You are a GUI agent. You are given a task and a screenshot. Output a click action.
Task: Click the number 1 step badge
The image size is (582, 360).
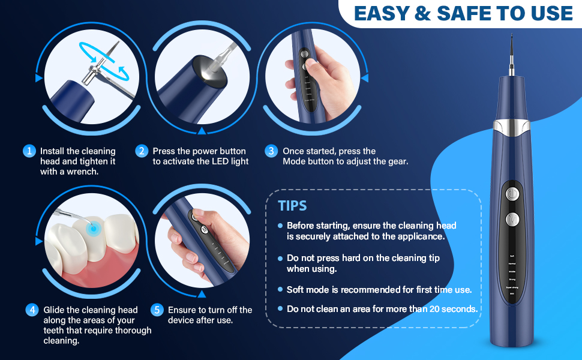29,151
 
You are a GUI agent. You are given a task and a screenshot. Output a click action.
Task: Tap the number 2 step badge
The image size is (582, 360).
142,151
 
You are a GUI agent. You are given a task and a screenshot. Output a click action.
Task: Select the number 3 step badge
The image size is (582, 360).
271,151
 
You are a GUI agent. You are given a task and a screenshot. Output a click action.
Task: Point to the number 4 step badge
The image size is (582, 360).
32,310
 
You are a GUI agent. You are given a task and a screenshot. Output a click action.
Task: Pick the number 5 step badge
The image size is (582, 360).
157,310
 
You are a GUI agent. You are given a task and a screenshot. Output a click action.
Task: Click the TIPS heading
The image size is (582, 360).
292,206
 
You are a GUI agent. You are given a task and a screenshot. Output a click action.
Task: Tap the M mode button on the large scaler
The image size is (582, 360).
511,220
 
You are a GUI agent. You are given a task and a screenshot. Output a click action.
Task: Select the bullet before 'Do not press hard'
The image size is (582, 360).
280,258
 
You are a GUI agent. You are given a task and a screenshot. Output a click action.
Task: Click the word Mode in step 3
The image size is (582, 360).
295,161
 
